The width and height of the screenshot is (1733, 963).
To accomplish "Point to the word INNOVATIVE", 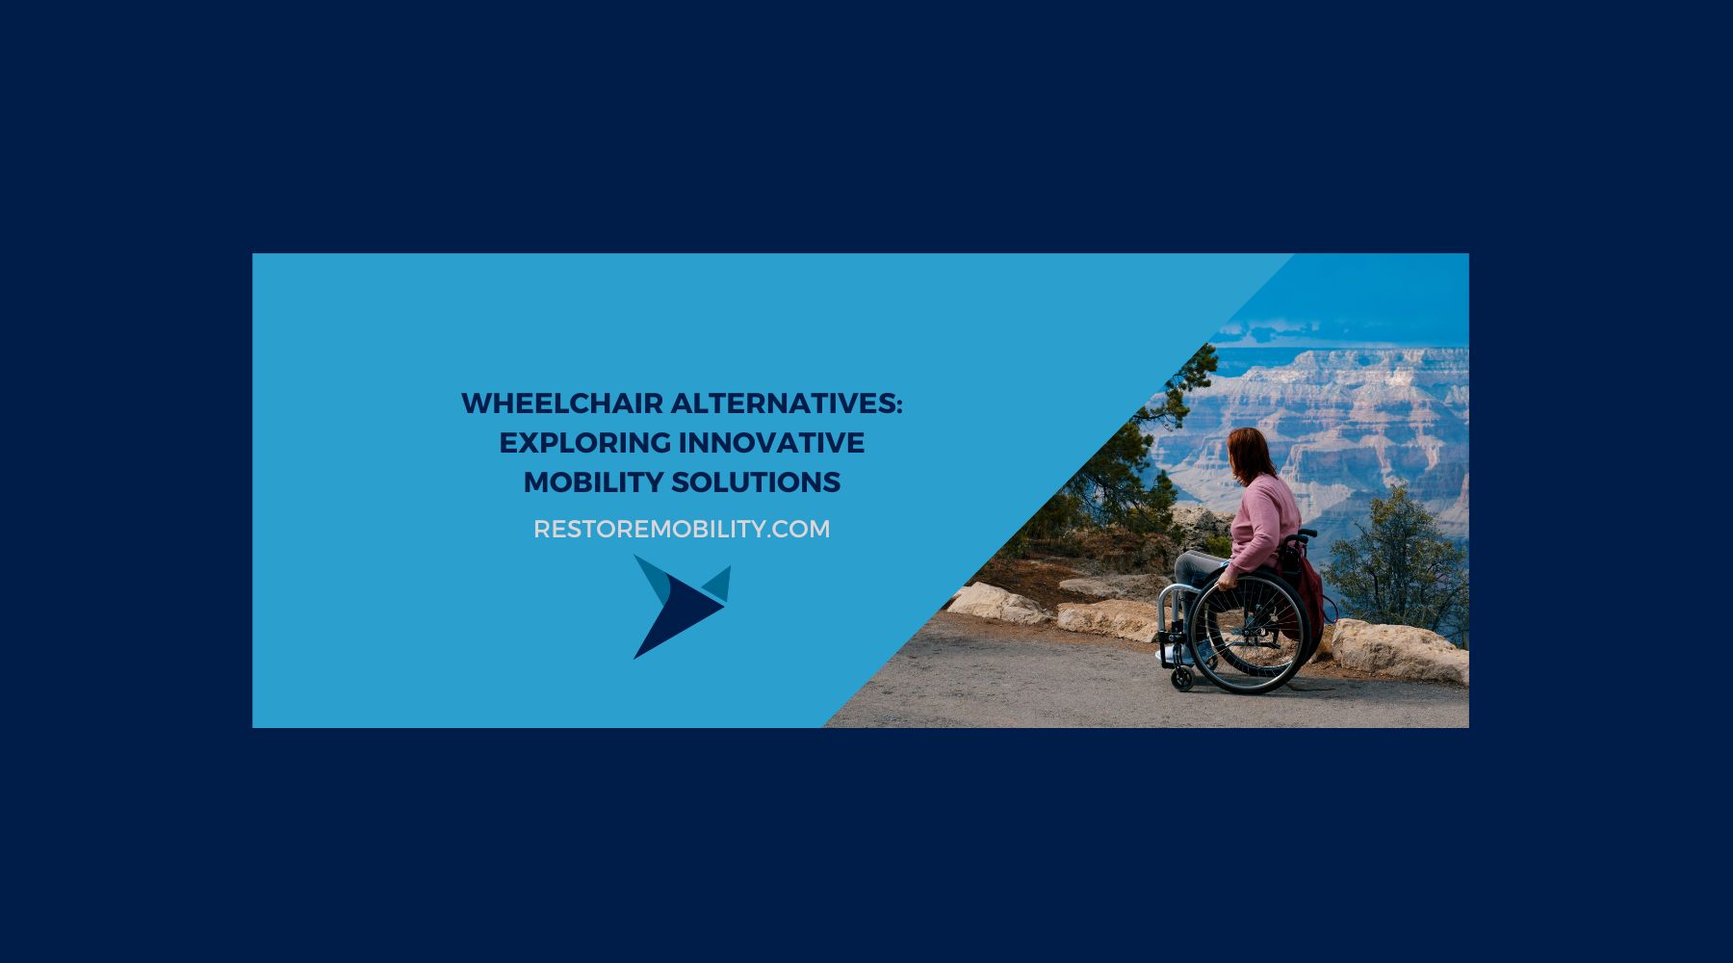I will click(771, 443).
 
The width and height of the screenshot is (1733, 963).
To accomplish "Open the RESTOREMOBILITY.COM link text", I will click(681, 530).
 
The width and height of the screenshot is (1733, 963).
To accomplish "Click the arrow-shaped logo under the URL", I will click(679, 605).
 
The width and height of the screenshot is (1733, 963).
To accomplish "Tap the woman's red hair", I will click(1251, 453).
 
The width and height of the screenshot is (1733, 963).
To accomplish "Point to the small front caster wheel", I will click(1181, 679).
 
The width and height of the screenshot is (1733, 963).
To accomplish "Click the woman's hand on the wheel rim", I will click(1225, 582).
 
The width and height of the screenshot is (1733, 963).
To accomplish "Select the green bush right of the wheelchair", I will click(1396, 568).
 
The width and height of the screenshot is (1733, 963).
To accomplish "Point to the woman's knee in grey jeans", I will click(1184, 563).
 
